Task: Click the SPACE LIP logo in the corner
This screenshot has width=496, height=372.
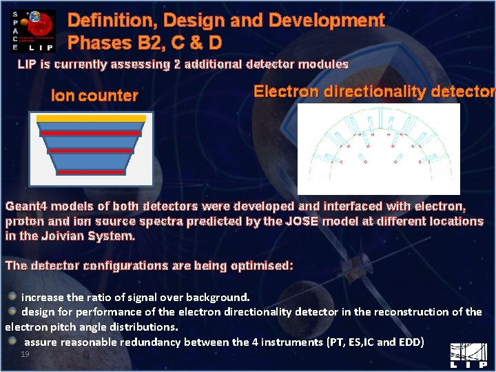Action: coord(33,30)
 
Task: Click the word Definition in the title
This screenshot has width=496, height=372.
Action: coord(103,21)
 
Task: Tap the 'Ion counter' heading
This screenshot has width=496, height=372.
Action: coord(94,96)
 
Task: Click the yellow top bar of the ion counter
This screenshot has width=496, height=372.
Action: coord(91,118)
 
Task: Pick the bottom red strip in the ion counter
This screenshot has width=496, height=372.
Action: coord(91,172)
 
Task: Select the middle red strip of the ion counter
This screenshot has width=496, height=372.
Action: coord(91,150)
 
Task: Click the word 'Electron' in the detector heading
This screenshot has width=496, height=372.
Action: coord(286,92)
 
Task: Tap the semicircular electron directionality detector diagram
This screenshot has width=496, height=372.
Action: coord(378,148)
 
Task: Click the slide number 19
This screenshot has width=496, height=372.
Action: coord(25,353)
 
